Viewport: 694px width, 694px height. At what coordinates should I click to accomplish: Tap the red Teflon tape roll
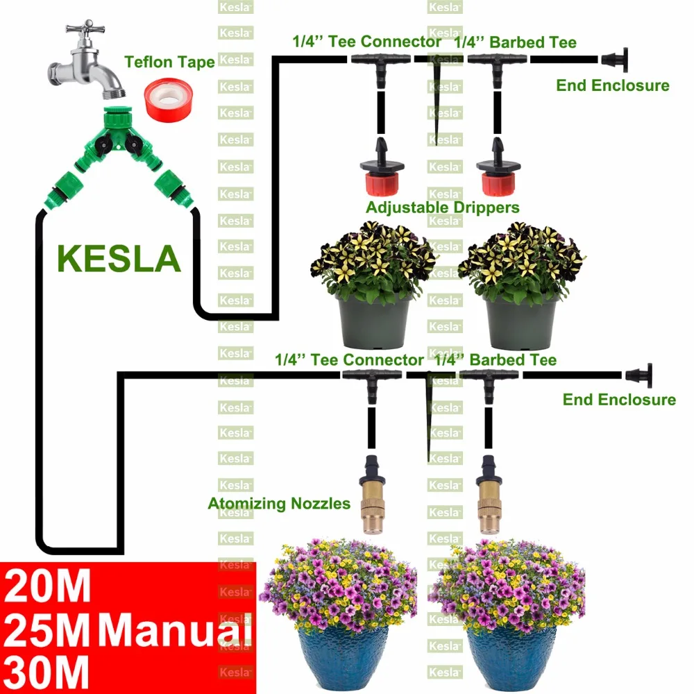pos(168,99)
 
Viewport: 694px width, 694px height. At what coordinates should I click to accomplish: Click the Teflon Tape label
pos(169,62)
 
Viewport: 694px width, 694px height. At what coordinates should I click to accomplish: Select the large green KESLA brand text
pos(119,258)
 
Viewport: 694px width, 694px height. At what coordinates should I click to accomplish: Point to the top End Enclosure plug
pos(615,59)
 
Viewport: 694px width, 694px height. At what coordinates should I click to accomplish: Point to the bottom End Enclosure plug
pos(639,375)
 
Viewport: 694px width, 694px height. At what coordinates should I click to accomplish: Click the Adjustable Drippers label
pos(443,208)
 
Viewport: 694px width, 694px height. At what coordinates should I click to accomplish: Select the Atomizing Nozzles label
pos(279,504)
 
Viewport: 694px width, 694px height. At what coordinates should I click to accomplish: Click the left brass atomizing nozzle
pos(372,494)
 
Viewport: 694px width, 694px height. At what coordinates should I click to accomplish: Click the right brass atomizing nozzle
pos(489,494)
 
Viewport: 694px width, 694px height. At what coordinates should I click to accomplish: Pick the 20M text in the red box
pos(47,586)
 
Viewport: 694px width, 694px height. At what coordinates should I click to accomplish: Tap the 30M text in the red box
pos(46,672)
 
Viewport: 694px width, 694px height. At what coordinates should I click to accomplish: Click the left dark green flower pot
pos(374,321)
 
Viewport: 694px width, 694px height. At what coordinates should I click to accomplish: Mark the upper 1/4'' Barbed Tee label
pos(516,42)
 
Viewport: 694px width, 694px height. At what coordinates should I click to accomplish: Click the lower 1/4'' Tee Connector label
pos(349,359)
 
